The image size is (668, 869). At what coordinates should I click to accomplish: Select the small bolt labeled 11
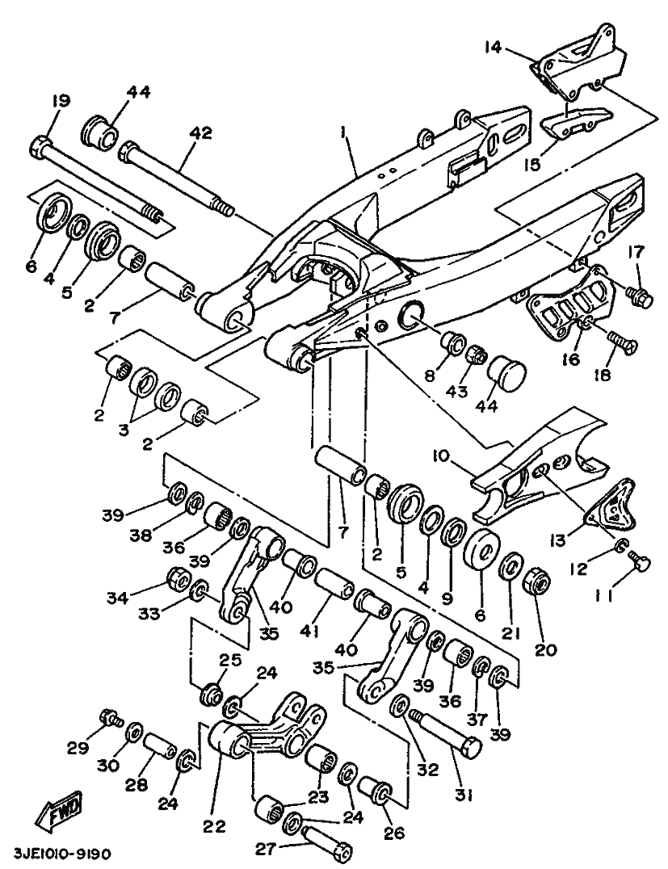641,565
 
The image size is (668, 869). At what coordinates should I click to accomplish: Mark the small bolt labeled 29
108,716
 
